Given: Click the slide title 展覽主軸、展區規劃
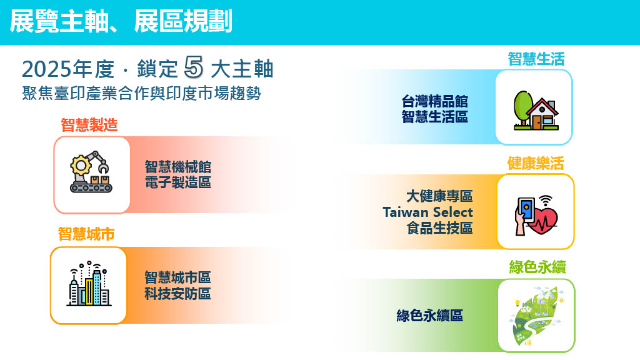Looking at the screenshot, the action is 121,21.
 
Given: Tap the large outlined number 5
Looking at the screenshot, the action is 194,66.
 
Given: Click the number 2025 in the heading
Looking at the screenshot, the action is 47,69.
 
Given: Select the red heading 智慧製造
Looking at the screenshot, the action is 89,125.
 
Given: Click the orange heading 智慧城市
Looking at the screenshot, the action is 86,234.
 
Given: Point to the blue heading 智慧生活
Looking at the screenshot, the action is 536,59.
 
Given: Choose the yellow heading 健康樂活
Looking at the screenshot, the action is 536,163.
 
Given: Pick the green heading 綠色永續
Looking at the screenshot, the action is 537,267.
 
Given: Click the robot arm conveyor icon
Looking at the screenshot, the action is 91,172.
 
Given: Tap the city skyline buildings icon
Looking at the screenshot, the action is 89,284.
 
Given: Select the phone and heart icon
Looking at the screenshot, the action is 536,215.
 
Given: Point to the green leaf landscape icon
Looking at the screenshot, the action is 537,316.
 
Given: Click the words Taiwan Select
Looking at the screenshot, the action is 427,212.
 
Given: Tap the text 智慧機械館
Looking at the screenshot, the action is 178,167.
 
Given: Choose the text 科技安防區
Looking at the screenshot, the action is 177,294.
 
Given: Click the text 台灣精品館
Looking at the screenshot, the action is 435,101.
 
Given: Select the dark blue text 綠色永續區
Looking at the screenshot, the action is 430,316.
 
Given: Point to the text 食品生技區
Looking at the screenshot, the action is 439,228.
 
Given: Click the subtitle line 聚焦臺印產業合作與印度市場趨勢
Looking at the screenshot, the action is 141,94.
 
